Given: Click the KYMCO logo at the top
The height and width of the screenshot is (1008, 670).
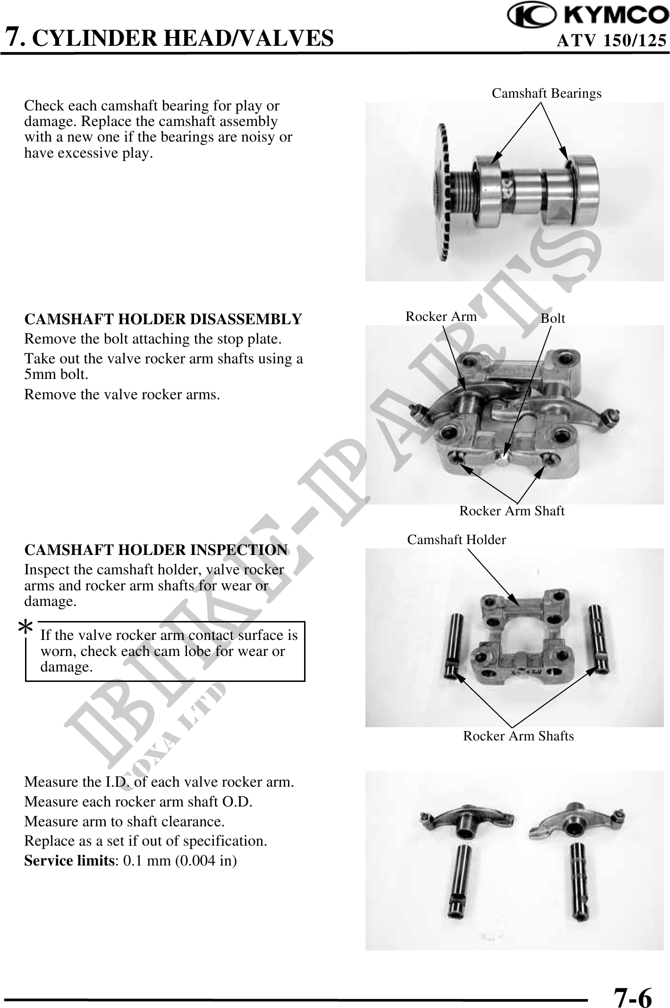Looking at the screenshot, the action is pos(588,16).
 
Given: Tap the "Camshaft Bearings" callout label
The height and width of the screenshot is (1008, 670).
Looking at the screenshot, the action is pos(547,93).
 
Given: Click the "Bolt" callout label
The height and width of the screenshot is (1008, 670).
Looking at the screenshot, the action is pos(553,318).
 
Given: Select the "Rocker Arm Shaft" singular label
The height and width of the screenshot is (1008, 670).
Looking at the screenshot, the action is pos(512,511).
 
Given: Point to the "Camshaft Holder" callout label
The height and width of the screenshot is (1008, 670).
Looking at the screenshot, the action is pos(457,539).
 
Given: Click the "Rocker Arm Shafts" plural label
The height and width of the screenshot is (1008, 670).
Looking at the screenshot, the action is pos(518,736).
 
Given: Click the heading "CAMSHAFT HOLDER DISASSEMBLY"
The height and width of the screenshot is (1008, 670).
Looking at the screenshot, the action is pos(163,319).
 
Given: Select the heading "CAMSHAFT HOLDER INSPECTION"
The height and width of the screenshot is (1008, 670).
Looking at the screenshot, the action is pos(156,550).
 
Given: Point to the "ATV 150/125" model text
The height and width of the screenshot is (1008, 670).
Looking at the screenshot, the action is pos(612,41).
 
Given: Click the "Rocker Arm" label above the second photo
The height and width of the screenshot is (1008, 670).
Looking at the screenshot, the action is pos(441,316).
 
